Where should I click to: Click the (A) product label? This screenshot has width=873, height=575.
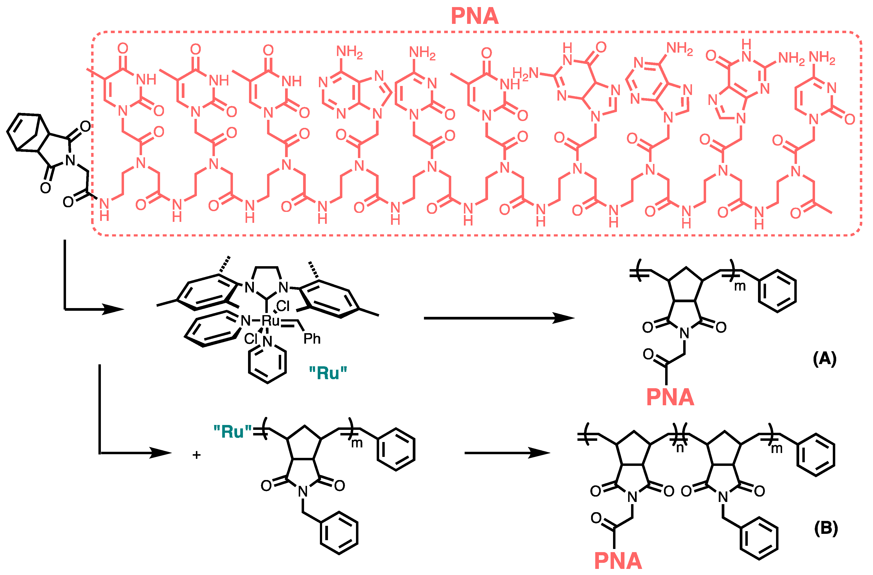(x=824, y=359)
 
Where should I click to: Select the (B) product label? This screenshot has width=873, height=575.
(x=826, y=528)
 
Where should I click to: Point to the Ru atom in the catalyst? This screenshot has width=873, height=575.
(x=271, y=320)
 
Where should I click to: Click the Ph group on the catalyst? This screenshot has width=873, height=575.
(x=312, y=339)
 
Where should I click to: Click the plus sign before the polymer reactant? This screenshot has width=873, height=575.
(x=197, y=455)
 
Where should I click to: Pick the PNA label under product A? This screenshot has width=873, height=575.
(x=670, y=397)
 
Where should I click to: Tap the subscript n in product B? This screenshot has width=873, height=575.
(x=680, y=448)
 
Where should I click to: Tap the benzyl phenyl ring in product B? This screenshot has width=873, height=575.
(x=759, y=538)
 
